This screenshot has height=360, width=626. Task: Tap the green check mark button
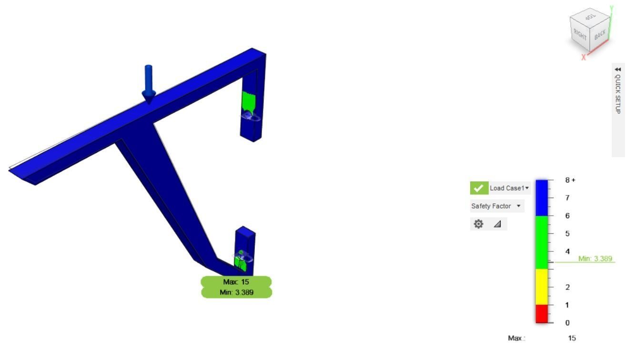pyautogui.click(x=479, y=188)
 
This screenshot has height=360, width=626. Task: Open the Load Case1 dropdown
pyautogui.click(x=510, y=188)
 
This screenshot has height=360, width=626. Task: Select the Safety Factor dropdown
pyautogui.click(x=496, y=206)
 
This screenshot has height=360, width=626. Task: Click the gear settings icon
pyautogui.click(x=478, y=224)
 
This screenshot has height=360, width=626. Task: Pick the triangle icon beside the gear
pyautogui.click(x=497, y=224)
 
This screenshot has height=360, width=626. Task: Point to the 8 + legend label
pyautogui.click(x=570, y=180)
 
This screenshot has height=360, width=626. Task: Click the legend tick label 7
pyautogui.click(x=567, y=198)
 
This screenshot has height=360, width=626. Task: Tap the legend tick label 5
pyautogui.click(x=567, y=233)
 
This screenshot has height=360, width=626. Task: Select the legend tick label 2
pyautogui.click(x=567, y=287)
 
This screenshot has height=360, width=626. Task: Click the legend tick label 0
pyautogui.click(x=567, y=323)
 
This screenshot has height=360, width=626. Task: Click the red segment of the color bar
pyautogui.click(x=542, y=314)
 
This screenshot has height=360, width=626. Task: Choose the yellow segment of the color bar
pyautogui.click(x=542, y=287)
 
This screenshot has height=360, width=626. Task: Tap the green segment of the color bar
pyautogui.click(x=542, y=242)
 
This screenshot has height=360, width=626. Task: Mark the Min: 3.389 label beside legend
pyautogui.click(x=595, y=259)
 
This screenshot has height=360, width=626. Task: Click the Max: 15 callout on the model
pyautogui.click(x=236, y=282)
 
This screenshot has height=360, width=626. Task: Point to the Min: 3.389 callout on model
pyautogui.click(x=236, y=292)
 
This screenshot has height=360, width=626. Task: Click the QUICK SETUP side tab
pyautogui.click(x=618, y=90)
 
